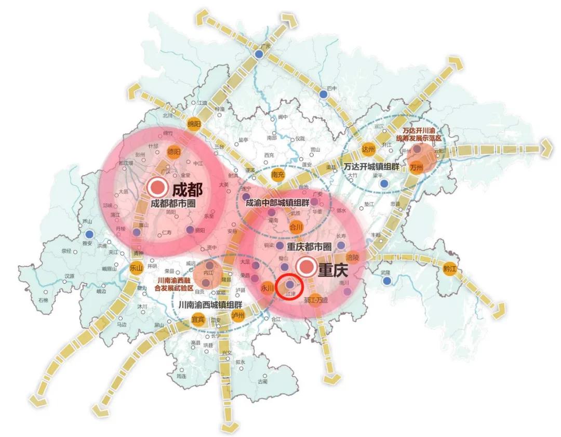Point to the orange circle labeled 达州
pyautogui.click(x=368, y=149)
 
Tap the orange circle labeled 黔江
pyautogui.click(x=450, y=269)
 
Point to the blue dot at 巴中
pyautogui.click(x=324, y=94)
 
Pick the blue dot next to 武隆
pyautogui.click(x=386, y=281)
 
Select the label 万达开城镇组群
pyautogui.click(x=370, y=167)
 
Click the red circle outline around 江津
pyautogui.click(x=289, y=285)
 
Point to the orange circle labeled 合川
pyautogui.click(x=296, y=227)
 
